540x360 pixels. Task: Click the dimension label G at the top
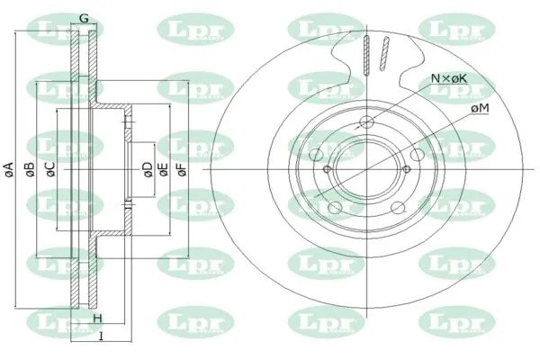pyautogui.click(x=83, y=18)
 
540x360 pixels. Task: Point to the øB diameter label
pyautogui.click(x=29, y=169)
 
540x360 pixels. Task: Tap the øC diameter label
pyautogui.click(x=50, y=169)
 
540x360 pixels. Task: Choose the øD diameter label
pyautogui.click(x=148, y=169)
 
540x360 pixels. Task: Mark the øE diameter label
pyautogui.click(x=164, y=169)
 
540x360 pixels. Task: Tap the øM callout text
pyautogui.click(x=480, y=108)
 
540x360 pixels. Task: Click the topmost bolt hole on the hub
pyautogui.click(x=367, y=124)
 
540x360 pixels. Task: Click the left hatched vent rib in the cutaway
pyautogui.click(x=366, y=54)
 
